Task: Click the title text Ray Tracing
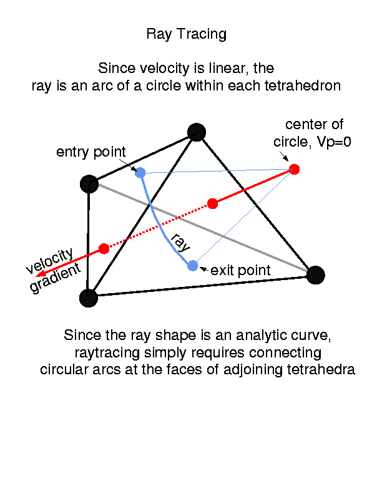186,34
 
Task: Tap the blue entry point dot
140,173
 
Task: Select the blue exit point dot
193,266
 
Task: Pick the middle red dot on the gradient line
212,203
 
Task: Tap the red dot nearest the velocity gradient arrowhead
104,248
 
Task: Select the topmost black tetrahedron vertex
197,132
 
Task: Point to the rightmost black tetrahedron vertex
316,274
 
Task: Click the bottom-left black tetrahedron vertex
89,298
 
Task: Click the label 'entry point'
91,152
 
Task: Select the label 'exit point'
241,271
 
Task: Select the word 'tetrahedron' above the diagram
306,86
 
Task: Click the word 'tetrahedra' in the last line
325,369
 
